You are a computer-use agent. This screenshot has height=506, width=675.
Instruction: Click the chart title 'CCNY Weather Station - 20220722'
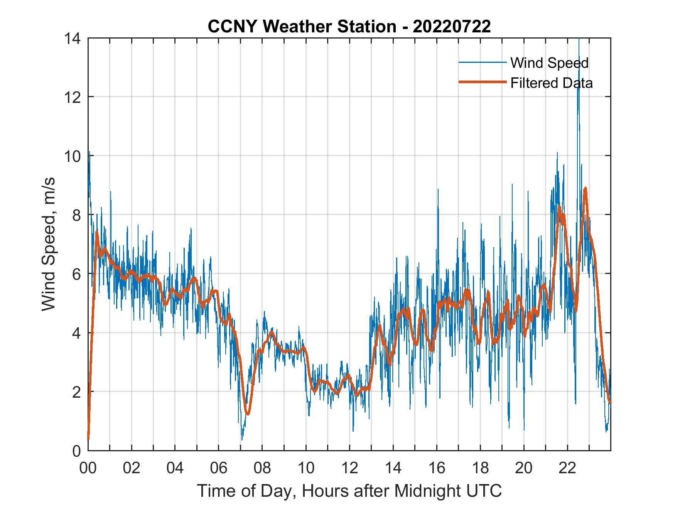349,27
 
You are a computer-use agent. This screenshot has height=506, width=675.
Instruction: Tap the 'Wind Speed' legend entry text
549,63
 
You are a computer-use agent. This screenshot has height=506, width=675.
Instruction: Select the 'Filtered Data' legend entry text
551,83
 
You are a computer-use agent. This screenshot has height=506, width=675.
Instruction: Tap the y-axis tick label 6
76,274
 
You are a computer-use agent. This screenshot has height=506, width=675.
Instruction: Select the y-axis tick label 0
76,451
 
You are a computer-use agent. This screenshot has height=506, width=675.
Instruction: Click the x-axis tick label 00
88,468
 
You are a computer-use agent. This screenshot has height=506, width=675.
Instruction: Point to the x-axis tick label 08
262,468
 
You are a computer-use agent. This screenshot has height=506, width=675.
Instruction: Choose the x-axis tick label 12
349,468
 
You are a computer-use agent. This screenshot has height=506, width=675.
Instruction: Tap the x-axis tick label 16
437,468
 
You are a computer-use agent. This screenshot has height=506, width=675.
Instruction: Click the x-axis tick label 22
567,468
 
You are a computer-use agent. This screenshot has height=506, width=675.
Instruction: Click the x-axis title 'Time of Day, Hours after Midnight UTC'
349,491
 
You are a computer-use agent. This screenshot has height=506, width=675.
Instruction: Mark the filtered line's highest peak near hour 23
585,188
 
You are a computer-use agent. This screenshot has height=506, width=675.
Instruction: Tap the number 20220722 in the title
452,27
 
